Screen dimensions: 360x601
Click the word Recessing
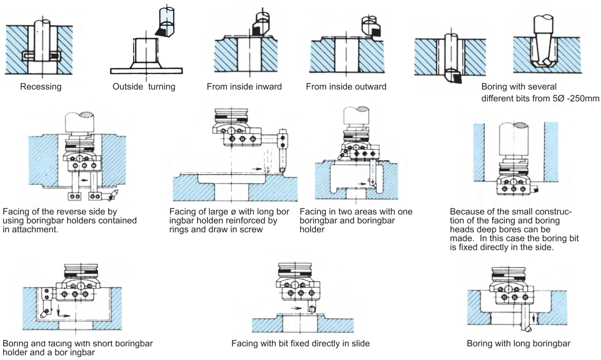click(41, 86)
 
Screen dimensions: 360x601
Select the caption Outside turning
click(144, 87)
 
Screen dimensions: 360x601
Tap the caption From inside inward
click(244, 86)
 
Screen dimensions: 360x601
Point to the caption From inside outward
click(346, 86)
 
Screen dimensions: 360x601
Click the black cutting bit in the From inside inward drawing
click(257, 32)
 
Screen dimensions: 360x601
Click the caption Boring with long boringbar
click(519, 344)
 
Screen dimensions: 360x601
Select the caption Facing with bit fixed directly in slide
click(300, 344)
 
